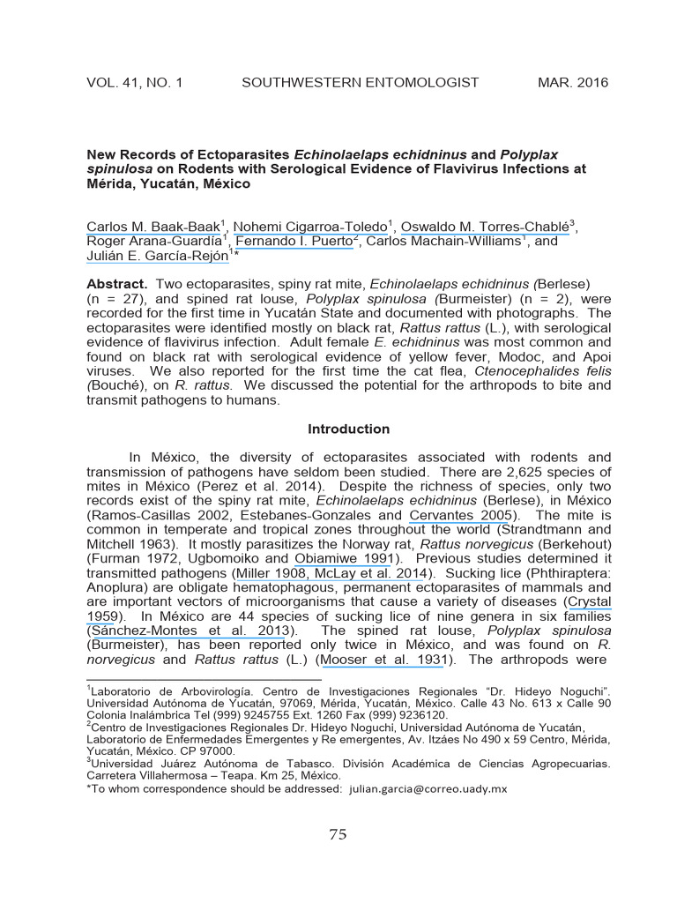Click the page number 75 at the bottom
338,836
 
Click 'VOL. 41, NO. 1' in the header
134,83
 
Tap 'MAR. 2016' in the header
572,83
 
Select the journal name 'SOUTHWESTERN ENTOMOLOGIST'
360,83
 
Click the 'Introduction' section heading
348,429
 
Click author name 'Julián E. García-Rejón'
157,257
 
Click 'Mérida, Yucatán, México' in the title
168,184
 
